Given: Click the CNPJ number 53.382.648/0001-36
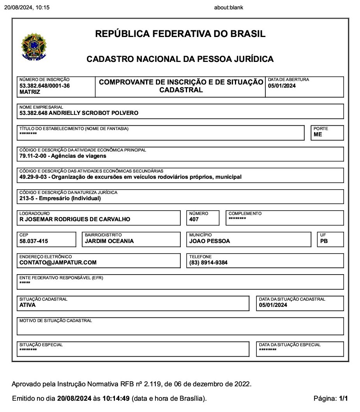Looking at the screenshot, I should click(44, 86).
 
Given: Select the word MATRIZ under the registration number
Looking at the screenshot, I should click(30, 92).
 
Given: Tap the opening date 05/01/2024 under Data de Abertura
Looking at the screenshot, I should click(282, 86).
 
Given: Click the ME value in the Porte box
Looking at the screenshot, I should click(318, 134).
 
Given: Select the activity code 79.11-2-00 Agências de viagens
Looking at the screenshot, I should click(63, 156).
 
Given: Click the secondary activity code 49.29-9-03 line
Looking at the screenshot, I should click(130, 177).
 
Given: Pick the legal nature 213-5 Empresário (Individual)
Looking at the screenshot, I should click(60, 198).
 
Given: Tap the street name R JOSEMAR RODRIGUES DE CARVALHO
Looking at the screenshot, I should click(75, 219).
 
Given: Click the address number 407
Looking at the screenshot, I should click(194, 219).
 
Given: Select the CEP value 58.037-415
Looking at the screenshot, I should click(34, 241).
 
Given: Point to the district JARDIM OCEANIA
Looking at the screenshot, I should click(109, 241).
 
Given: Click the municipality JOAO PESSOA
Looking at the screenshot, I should click(210, 241).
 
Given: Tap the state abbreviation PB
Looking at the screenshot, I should click(324, 241).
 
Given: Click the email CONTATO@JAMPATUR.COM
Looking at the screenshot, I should click(58, 262).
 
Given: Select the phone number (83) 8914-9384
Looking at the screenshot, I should click(208, 262).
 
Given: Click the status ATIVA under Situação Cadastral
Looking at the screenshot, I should click(27, 305).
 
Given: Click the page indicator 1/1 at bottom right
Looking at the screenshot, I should click(343, 399).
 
